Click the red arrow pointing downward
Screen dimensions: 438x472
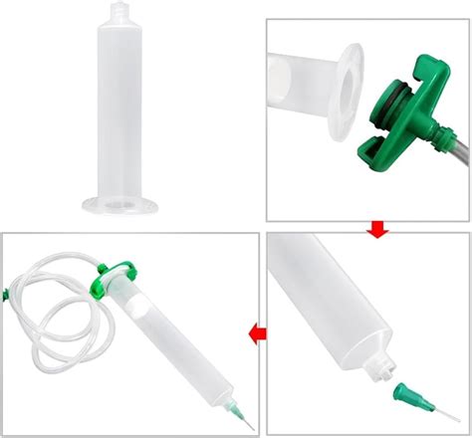pyautogui.click(x=376, y=231)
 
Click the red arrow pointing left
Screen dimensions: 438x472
pyautogui.click(x=257, y=330)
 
